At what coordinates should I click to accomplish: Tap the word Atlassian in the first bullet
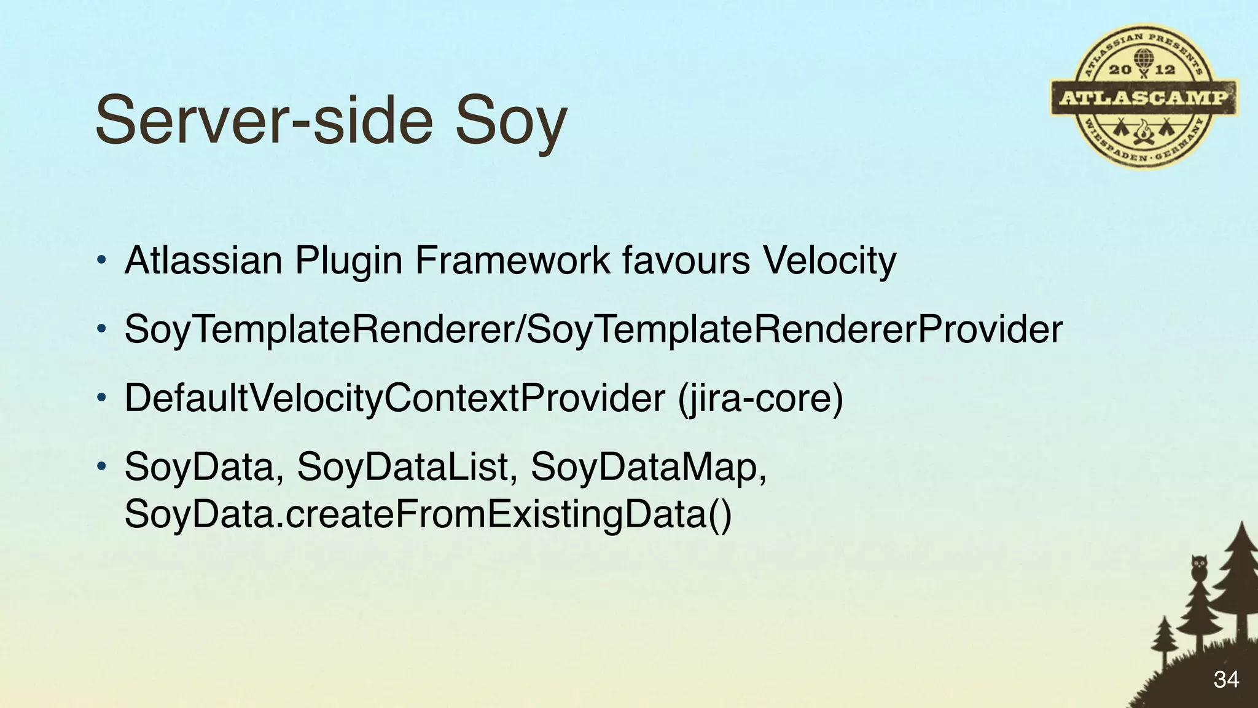(x=203, y=260)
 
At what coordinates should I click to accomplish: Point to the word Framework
(x=512, y=260)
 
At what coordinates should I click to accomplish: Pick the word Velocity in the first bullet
(x=829, y=261)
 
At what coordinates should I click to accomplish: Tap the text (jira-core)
(x=760, y=398)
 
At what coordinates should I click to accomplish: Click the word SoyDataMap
(x=649, y=467)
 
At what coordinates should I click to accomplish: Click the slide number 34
(x=1226, y=680)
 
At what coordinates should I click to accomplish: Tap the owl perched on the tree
(x=1198, y=567)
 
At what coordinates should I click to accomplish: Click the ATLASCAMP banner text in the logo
(x=1144, y=98)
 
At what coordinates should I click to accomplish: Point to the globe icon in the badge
(x=1143, y=59)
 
